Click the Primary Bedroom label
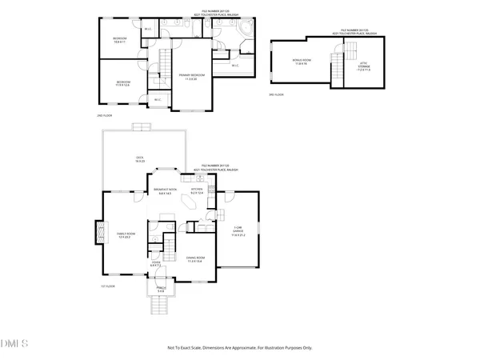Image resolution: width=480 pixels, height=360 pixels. [191, 77]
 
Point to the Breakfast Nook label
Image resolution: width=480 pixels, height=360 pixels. [165, 191]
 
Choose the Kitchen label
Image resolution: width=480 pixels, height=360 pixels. [197, 191]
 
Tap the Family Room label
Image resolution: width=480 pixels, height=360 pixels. [124, 234]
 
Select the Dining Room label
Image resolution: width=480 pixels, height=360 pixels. [194, 258]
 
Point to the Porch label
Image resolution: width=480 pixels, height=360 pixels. [159, 289]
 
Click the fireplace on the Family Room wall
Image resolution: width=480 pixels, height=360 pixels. [100, 233]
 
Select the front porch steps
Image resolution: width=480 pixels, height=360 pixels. [158, 306]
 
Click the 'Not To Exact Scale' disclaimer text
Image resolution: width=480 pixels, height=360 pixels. [240, 348]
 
